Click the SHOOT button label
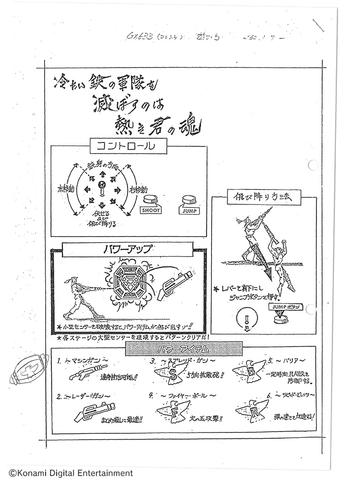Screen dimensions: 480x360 click(151, 210)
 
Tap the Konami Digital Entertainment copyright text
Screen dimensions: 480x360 click(67, 473)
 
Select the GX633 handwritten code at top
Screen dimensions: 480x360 click(142, 36)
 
